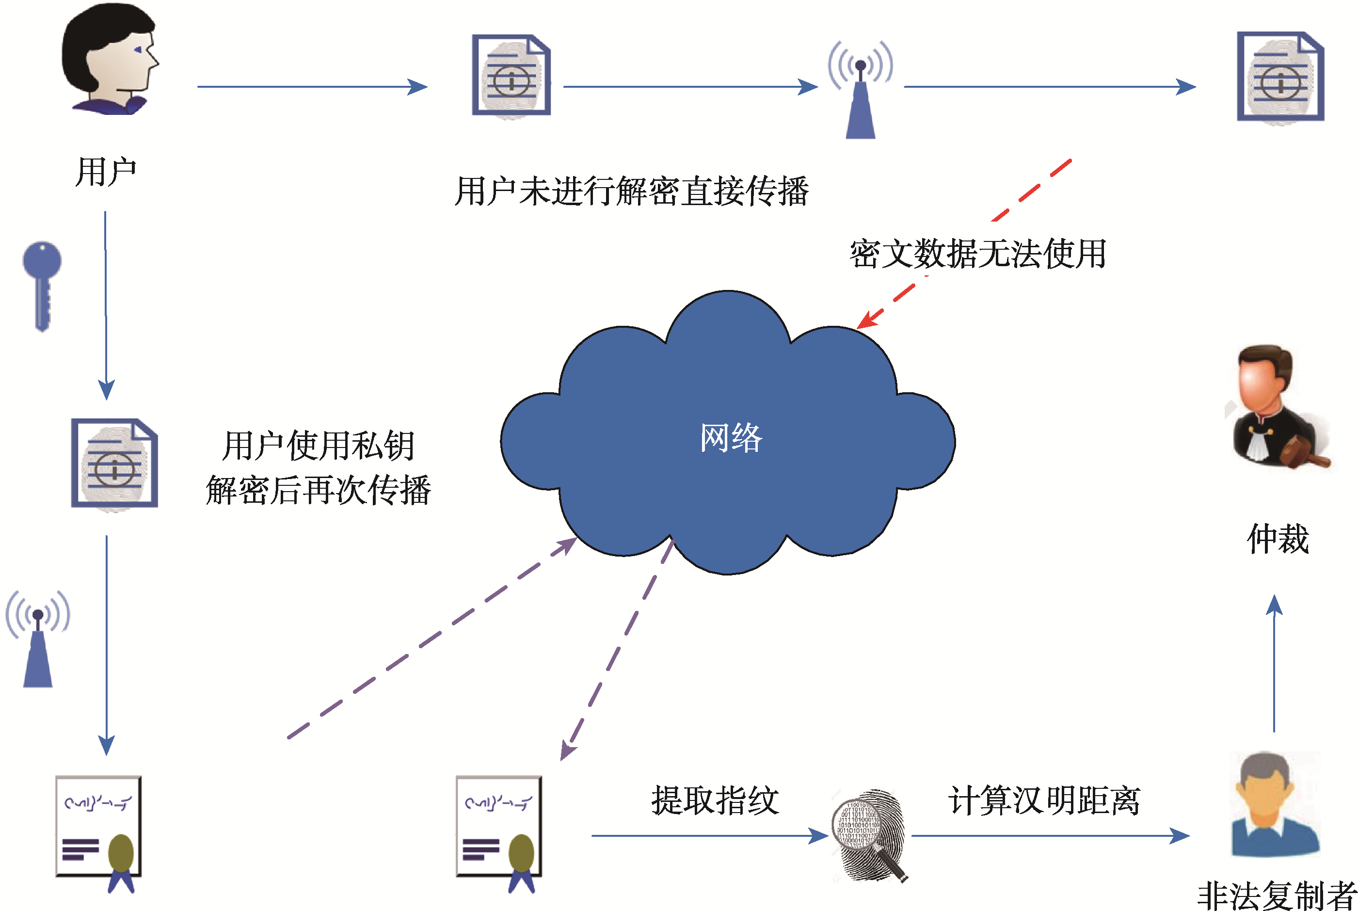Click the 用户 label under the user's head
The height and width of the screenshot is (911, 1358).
pos(106,172)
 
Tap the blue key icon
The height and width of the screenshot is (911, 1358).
pos(42,285)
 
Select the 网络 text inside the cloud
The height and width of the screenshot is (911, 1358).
pos(730,437)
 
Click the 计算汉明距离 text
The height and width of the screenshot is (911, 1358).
pos(1044,800)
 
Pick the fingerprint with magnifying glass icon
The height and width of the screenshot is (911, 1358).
pos(868,834)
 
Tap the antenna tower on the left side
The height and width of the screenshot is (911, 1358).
pos(38,639)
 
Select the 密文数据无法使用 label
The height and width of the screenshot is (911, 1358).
pos(977,254)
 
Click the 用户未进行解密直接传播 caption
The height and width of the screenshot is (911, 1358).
pos(631,191)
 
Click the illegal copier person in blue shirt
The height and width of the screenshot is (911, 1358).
pos(1275,805)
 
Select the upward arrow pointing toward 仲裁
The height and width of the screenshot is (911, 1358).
pos(1274,662)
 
